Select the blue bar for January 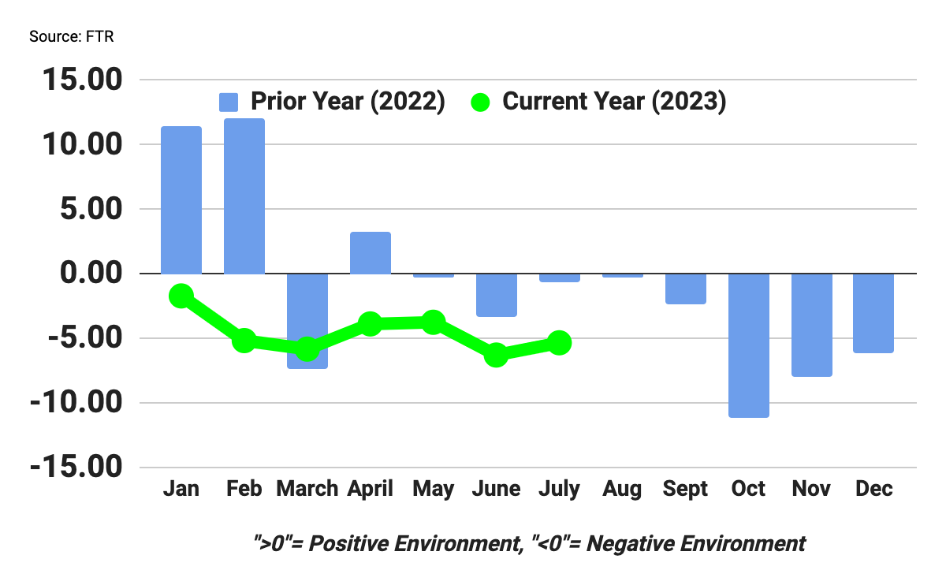coord(181,200)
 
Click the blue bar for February coord(244,196)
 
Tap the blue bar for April coord(371,253)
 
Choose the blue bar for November coord(811,325)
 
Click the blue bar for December coord(874,313)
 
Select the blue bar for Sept coord(685,289)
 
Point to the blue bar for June coord(497,295)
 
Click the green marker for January coord(181,296)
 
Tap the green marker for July coord(560,342)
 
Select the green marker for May coord(433,322)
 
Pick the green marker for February coord(244,341)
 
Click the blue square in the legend coord(229,102)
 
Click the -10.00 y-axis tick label coord(76,403)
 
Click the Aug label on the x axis coord(622,489)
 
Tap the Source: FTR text coord(72,37)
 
